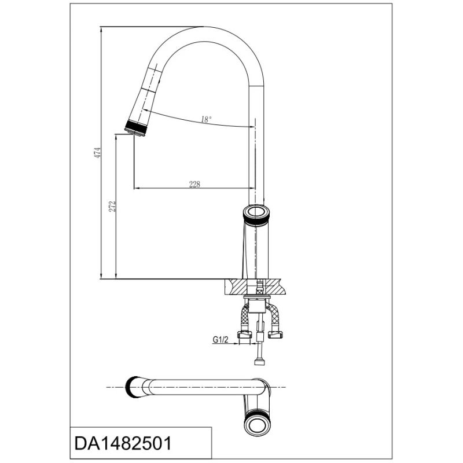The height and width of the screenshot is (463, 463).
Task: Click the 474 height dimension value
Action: pos(97,153)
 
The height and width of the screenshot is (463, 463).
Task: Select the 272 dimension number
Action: pos(112,207)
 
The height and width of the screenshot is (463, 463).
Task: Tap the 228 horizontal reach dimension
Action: pos(194,184)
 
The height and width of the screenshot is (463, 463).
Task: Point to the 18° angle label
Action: pos(206,120)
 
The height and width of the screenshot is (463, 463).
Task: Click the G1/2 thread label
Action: pos(221,340)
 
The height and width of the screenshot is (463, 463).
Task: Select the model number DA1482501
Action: pos(123,443)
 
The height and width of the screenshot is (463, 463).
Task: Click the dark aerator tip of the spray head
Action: pos(136,128)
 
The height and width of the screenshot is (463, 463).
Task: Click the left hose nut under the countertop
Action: pos(245,335)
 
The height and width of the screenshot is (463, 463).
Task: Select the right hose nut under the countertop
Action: pos(275,335)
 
